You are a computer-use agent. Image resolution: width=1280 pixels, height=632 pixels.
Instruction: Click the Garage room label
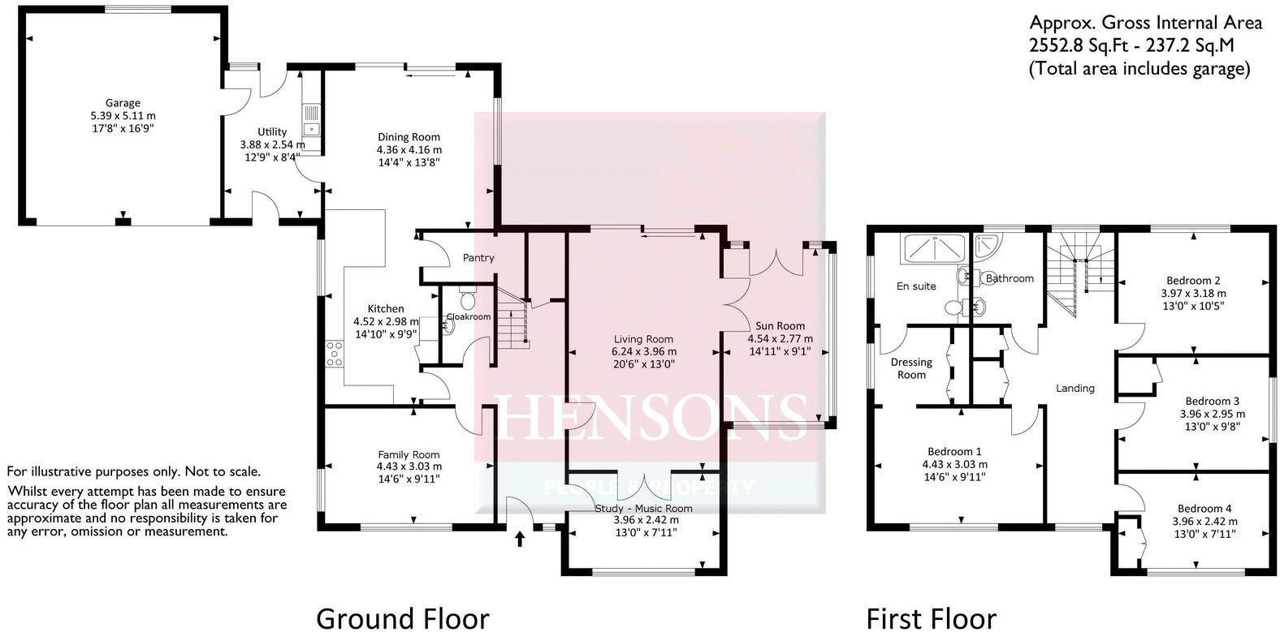click(123, 103)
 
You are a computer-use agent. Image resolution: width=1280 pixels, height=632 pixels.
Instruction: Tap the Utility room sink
click(311, 127)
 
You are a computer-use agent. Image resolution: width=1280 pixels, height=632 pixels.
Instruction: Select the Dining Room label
click(409, 137)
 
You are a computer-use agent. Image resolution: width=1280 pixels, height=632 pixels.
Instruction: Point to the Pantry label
click(478, 258)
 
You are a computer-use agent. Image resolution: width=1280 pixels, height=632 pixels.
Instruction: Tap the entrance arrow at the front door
click(520, 538)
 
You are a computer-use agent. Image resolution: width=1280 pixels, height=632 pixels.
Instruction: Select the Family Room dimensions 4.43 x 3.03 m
click(409, 466)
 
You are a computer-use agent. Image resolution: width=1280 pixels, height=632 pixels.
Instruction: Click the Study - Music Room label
click(642, 509)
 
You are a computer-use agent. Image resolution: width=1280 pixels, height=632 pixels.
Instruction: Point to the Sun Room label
click(780, 325)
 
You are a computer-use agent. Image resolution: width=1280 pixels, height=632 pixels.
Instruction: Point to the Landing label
click(1075, 388)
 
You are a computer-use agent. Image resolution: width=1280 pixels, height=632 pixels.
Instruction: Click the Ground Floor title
click(402, 618)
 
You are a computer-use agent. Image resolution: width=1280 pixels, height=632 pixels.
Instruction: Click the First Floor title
click(931, 618)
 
